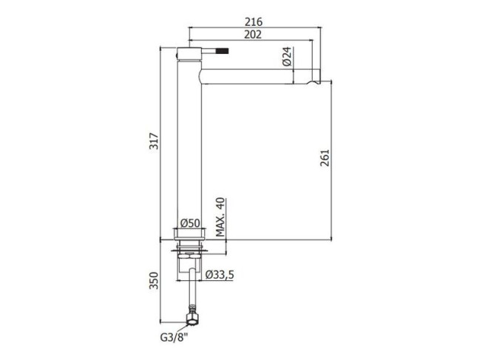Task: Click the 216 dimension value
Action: click(x=254, y=22)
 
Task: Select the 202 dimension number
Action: click(x=253, y=35)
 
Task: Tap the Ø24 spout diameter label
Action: click(x=287, y=57)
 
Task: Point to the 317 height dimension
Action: click(x=154, y=141)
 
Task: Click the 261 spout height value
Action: click(x=325, y=157)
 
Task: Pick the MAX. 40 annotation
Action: click(x=220, y=217)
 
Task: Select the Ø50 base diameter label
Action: click(x=190, y=223)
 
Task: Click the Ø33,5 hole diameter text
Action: click(x=220, y=275)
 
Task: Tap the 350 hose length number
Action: click(x=154, y=281)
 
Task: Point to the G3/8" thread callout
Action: click(x=174, y=338)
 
